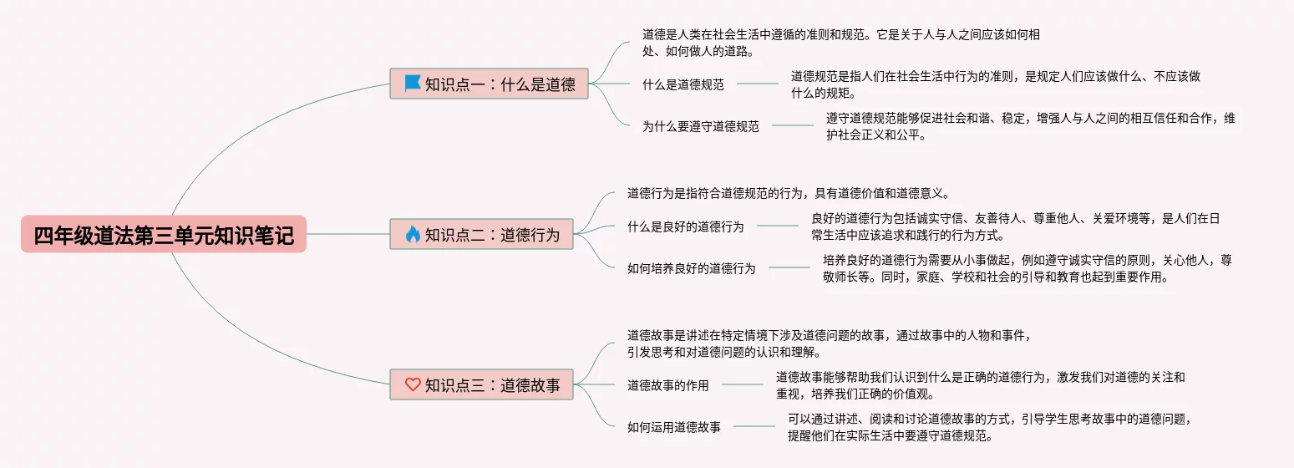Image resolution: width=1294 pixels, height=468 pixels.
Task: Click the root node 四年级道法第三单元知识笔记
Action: click(164, 235)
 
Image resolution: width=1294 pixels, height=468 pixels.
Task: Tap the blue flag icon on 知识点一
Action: click(412, 83)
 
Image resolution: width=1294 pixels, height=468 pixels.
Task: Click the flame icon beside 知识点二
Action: click(412, 234)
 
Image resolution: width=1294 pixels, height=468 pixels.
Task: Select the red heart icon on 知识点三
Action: click(412, 384)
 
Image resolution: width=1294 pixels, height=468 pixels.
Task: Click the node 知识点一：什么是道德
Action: click(489, 84)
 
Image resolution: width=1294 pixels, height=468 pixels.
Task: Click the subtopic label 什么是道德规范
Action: click(683, 84)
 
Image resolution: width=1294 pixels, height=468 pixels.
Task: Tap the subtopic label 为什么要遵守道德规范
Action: click(700, 126)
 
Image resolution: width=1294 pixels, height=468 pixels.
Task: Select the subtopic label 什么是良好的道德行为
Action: click(685, 226)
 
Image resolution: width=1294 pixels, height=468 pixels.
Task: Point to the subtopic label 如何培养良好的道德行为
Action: click(691, 268)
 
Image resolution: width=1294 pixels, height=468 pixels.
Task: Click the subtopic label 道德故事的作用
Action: click(667, 385)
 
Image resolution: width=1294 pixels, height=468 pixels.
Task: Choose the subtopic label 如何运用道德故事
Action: click(673, 427)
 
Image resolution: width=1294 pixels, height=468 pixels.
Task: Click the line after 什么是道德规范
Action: click(757, 84)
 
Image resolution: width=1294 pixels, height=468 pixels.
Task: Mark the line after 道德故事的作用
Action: click(742, 385)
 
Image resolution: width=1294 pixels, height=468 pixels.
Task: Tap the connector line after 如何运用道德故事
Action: click(754, 427)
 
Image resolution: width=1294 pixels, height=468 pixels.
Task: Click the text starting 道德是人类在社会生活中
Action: click(840, 43)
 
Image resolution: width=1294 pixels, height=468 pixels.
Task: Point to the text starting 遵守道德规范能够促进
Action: click(1029, 126)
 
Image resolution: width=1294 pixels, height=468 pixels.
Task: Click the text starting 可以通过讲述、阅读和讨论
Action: click(988, 427)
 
